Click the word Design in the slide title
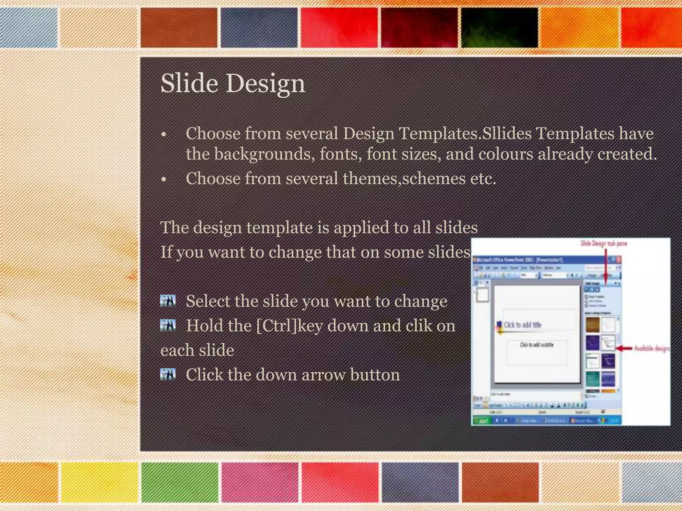266,83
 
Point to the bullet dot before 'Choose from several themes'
163,180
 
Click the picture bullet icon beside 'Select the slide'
168,300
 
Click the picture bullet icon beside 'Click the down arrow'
168,374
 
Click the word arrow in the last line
323,375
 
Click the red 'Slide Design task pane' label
604,244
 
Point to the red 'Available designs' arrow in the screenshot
624,348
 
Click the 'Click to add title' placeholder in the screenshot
522,325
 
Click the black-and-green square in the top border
499,28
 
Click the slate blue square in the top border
259,28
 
